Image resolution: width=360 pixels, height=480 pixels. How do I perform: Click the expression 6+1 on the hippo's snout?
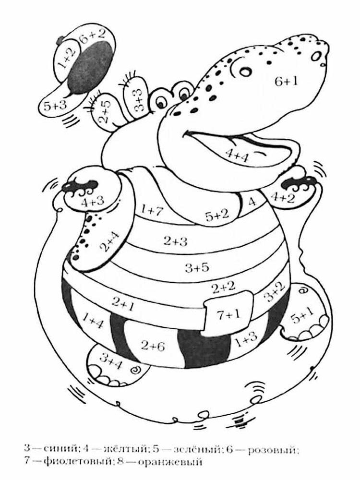coord(286,82)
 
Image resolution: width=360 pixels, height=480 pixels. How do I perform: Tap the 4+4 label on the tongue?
coord(238,154)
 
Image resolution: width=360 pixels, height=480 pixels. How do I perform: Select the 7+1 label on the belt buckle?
coord(229,315)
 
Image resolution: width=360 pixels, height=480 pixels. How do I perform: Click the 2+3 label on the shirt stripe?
coord(175,241)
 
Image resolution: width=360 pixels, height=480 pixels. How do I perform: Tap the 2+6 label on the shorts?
coord(153,346)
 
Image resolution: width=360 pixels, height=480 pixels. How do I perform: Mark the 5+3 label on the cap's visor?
coord(55,106)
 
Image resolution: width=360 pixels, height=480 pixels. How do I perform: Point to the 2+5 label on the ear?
coord(105,112)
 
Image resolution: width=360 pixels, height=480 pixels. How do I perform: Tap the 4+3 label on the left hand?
coord(93,202)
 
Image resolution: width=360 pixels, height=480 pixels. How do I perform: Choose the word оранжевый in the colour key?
coord(169,461)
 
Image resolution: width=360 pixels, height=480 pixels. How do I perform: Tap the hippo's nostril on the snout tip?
coord(316,56)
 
